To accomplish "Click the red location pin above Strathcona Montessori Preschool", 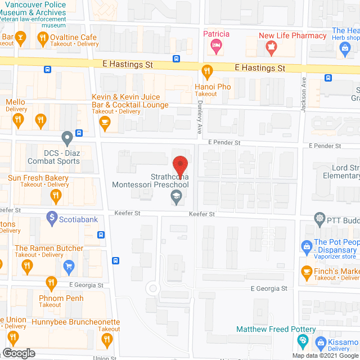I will (180, 165).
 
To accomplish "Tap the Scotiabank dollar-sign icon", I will (51, 217).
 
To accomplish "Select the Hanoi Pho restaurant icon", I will (206, 71).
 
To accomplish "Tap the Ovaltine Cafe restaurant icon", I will (42, 38).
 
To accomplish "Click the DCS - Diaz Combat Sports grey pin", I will (67, 137).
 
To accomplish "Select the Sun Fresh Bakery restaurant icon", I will (55, 196).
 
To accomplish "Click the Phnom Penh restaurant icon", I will (51, 283).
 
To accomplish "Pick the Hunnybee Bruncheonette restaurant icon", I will (106, 339).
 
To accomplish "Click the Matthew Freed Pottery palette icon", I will (302, 340).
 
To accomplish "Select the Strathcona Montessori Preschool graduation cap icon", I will (176, 197).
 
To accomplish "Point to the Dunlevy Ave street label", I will (199, 120).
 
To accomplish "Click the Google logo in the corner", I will (19, 353).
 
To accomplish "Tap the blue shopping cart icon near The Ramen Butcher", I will (69, 265).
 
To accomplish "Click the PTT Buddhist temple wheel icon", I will (320, 218).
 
